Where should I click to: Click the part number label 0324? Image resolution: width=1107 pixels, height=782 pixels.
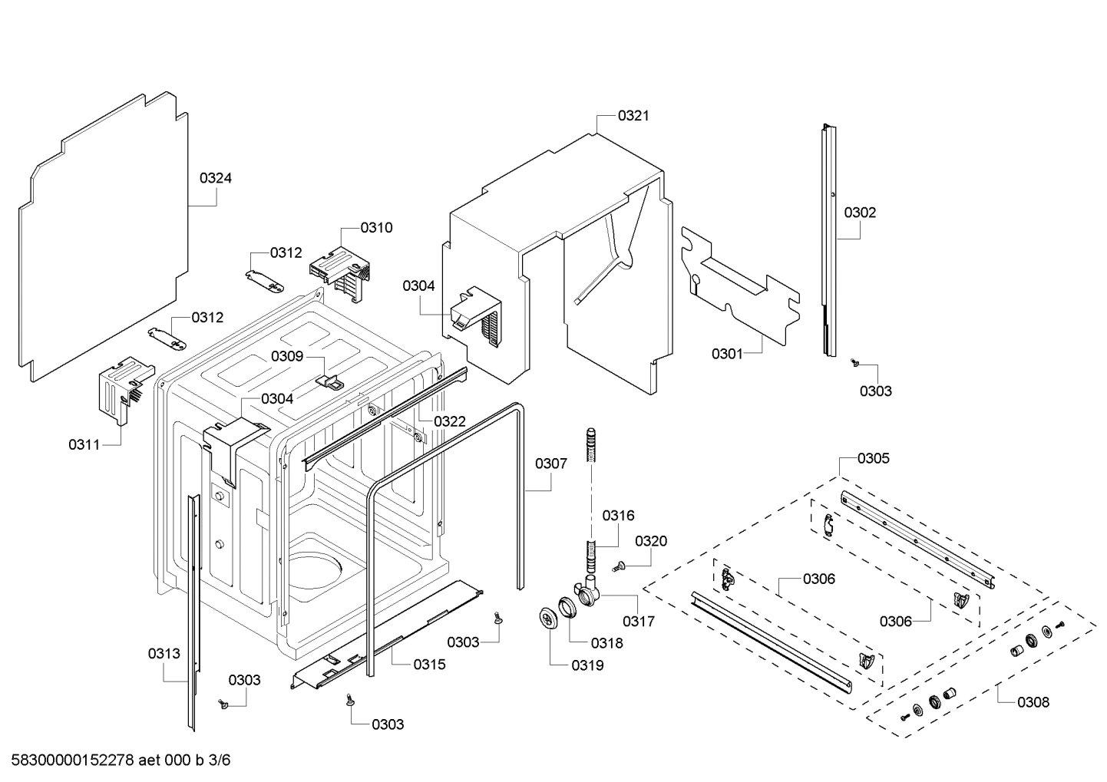[x=216, y=178]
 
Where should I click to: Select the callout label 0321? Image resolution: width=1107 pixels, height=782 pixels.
[x=633, y=116]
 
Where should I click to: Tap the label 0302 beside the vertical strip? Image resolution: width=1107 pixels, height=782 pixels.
[x=860, y=213]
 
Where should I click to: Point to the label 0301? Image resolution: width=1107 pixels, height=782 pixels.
[x=727, y=354]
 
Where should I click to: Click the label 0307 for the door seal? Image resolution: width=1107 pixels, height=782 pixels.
[x=551, y=464]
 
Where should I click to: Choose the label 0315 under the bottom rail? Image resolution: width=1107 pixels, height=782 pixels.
[x=429, y=665]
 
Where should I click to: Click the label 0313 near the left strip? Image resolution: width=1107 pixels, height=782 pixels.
[x=164, y=654]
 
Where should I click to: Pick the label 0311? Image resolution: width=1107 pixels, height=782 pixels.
[x=84, y=444]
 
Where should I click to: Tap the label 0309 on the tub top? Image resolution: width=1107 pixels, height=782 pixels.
[x=286, y=356]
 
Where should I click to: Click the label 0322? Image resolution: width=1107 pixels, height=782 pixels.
[x=450, y=421]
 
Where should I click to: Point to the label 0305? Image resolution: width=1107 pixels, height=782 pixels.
[x=874, y=458]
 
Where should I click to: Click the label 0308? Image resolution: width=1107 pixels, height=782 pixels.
[x=1033, y=701]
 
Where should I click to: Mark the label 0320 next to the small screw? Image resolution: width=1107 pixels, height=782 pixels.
[x=651, y=541]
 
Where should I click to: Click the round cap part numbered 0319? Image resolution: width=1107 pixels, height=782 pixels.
[x=548, y=617]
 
